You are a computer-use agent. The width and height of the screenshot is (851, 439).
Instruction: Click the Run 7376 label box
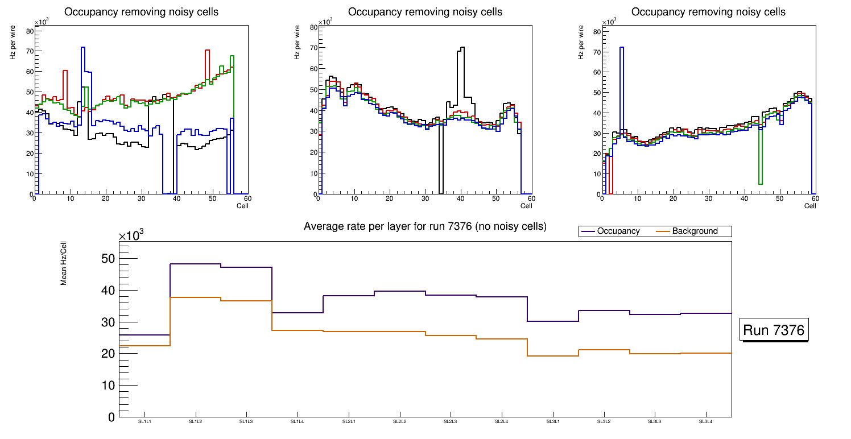point(775,330)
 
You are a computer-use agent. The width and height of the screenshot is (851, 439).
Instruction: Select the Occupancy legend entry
point(618,231)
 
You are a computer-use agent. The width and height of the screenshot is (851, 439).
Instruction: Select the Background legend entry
point(695,231)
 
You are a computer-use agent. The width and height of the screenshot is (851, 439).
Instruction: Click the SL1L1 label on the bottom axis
point(144,422)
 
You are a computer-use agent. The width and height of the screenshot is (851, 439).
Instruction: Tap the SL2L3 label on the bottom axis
point(451,422)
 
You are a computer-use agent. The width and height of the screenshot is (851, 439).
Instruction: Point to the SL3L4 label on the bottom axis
point(705,422)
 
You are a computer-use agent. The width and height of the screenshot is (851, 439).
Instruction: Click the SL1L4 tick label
point(298,422)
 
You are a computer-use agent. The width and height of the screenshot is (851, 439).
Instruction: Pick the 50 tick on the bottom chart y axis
point(108,259)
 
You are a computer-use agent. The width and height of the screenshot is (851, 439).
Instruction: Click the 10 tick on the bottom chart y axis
point(108,386)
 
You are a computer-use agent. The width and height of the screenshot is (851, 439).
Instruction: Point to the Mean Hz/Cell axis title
point(64,262)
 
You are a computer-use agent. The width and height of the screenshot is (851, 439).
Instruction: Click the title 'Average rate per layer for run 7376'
point(425,226)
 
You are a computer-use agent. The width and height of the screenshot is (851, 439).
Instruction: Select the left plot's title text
point(141,12)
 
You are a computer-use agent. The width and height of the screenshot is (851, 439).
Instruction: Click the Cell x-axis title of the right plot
point(810,205)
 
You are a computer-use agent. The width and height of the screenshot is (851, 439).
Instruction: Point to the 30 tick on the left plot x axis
point(141,198)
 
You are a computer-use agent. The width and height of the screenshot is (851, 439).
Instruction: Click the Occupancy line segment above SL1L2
point(195,264)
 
